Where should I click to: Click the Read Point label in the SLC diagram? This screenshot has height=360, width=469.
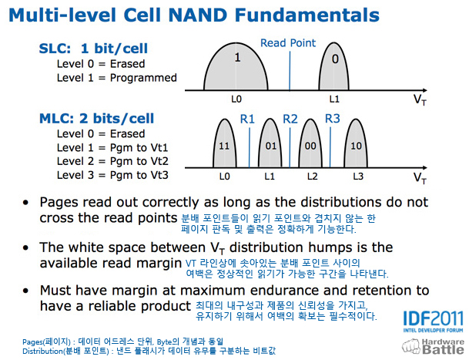pos(288,43)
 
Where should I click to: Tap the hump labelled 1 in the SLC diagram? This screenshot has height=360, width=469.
pos(236,66)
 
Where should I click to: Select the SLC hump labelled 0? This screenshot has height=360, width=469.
pos(333,66)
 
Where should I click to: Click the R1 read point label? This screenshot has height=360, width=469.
pos(247,119)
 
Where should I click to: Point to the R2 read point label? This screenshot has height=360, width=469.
pos(290,119)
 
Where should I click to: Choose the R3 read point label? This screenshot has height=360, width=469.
pos(333,119)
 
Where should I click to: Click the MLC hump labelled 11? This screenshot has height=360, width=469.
pos(224,143)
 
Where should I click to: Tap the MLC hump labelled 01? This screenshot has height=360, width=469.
pos(270,143)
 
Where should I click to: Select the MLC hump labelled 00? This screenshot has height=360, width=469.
pos(310,143)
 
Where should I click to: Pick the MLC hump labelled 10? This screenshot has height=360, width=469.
pos(356,143)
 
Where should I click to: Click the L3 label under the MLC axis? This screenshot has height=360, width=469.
pos(358,177)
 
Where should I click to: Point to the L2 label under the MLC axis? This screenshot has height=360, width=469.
pos(312,177)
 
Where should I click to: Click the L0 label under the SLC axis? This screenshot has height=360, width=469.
pos(236,99)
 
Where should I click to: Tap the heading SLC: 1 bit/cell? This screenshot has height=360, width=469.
pos(93,49)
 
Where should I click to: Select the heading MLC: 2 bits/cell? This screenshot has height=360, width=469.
pos(96,119)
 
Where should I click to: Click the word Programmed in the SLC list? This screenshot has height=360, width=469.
pos(143,78)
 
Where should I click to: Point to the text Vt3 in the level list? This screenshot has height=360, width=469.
pos(159,175)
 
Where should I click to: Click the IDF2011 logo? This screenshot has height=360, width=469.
pos(433,321)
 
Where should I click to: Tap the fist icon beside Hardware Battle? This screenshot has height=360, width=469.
pos(411,346)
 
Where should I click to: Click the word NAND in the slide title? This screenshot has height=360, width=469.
pos(198,15)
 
